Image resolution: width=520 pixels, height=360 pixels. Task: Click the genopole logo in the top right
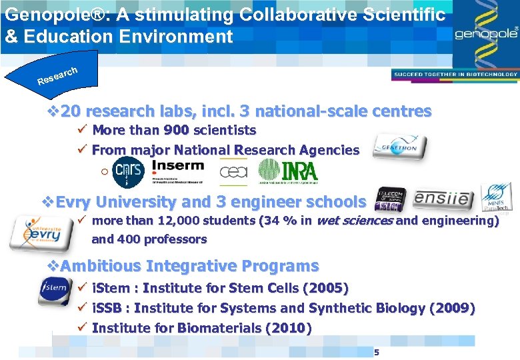pos(487,33)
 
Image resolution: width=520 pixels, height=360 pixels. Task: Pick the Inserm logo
pos(178,171)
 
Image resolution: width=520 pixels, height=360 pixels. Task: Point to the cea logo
pos(233,173)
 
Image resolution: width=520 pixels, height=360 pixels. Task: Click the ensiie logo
pos(444,199)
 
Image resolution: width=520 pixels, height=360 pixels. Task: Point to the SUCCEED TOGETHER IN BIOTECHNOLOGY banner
pos(455,75)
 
